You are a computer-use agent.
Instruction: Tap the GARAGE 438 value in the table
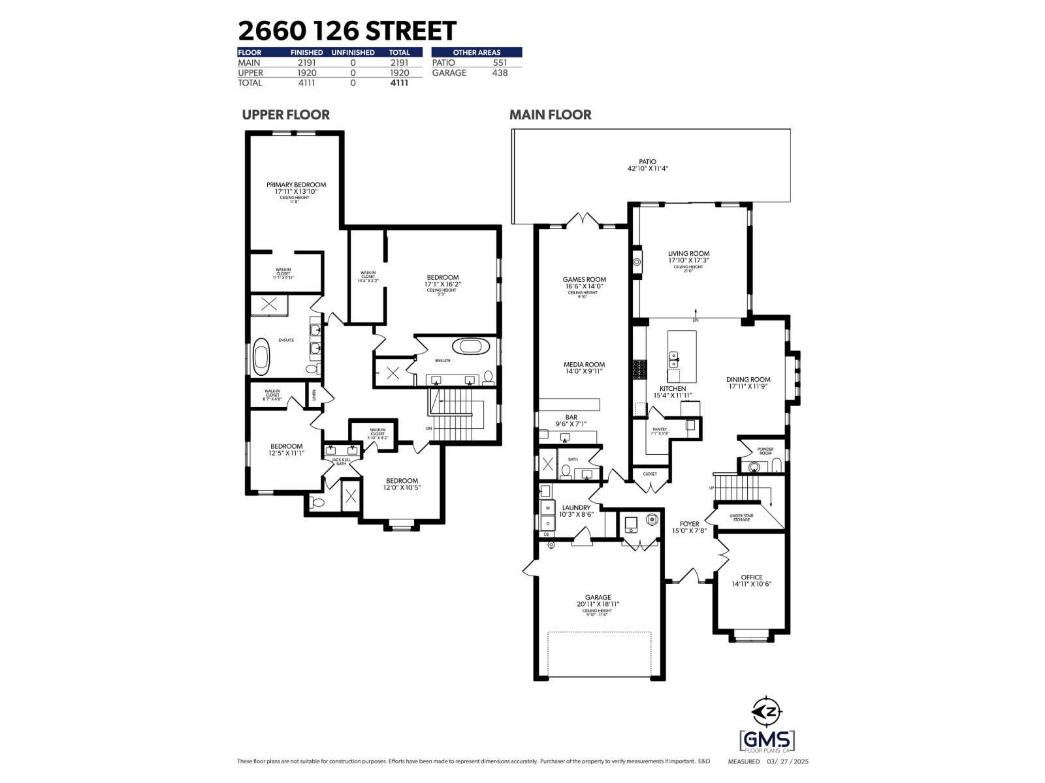pyautogui.click(x=499, y=72)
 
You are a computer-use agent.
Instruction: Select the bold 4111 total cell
pyautogui.click(x=399, y=83)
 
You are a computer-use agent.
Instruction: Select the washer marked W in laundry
pyautogui.click(x=547, y=508)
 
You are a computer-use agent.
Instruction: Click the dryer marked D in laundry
pyautogui.click(x=547, y=523)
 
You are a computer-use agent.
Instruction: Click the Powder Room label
pyautogui.click(x=765, y=451)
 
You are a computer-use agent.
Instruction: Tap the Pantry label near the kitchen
pyautogui.click(x=659, y=431)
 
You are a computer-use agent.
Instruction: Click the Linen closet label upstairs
pyautogui.click(x=314, y=395)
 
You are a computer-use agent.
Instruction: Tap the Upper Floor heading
pyautogui.click(x=285, y=115)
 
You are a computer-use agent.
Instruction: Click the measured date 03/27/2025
pyautogui.click(x=788, y=761)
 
